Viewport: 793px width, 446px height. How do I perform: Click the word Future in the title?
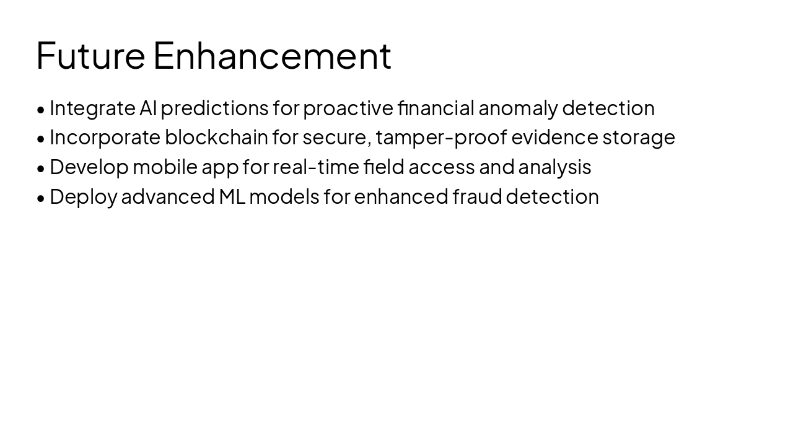[x=90, y=56]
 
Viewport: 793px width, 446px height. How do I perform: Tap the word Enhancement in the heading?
[x=272, y=56]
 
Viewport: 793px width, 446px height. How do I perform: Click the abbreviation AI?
[x=148, y=108]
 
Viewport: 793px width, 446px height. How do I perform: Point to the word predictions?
[x=214, y=108]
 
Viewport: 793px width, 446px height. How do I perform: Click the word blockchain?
[x=216, y=137]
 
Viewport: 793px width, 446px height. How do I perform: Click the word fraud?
[x=477, y=196]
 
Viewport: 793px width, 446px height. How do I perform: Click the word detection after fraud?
[x=553, y=196]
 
